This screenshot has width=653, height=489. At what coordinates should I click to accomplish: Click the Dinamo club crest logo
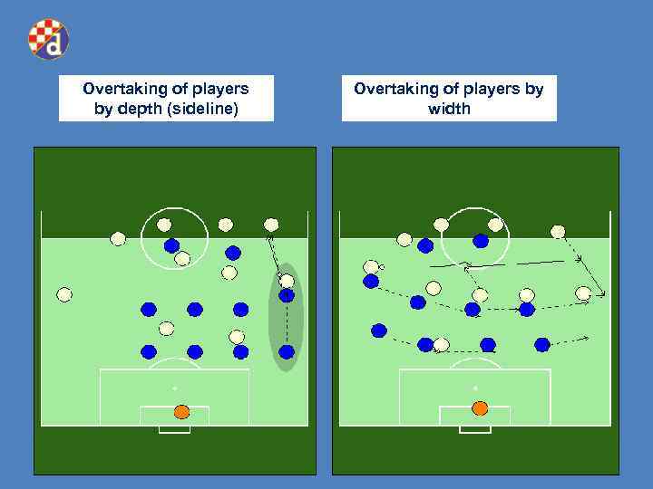click(48, 39)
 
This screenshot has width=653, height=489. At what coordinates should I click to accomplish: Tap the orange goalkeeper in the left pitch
click(181, 412)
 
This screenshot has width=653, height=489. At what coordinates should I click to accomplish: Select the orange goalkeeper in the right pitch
click(480, 408)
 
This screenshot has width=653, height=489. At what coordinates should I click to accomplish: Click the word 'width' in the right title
click(449, 109)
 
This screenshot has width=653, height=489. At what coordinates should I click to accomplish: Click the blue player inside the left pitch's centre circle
click(171, 245)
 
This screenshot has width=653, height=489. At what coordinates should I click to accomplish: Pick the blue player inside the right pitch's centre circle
click(481, 241)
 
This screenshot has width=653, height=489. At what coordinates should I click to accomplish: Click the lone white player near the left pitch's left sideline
click(63, 294)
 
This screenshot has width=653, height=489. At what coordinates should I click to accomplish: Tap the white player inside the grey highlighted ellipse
click(287, 282)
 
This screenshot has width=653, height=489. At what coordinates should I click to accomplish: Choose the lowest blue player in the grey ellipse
click(287, 351)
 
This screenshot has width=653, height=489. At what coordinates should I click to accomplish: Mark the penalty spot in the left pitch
click(174, 388)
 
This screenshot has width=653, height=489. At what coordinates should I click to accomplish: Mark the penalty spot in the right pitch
click(474, 388)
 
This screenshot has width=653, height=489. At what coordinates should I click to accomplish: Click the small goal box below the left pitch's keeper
click(174, 429)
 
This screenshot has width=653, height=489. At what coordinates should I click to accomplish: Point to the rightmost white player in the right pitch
click(583, 293)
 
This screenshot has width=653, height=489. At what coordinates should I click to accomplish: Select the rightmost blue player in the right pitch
click(542, 344)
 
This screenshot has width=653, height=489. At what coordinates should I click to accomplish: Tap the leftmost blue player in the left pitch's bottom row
click(149, 351)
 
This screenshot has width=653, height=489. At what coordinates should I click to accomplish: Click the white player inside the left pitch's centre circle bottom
click(182, 259)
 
